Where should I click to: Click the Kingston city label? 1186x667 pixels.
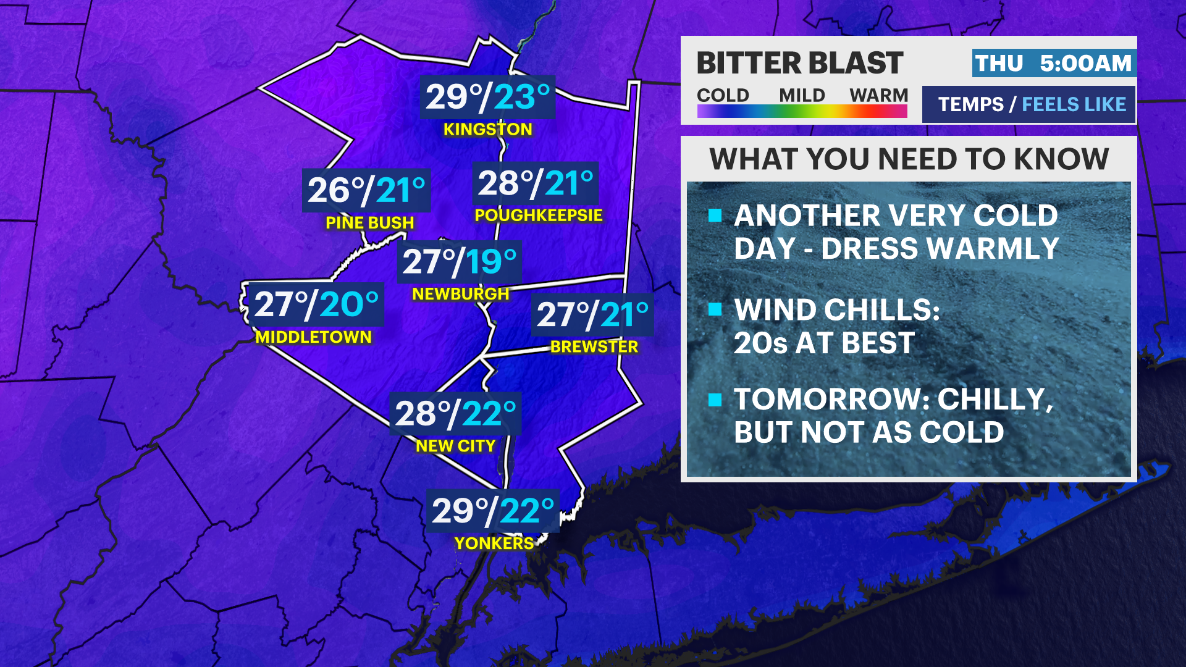coord(487,129)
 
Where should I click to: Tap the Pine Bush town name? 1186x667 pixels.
coord(369,222)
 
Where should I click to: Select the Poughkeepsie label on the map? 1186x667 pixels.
coord(538,215)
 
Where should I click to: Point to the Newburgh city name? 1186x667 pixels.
coord(460,294)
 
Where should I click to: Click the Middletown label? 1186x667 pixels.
coord(313,337)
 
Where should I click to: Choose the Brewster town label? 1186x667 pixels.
coord(594,346)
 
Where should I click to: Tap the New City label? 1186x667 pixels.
coord(455,446)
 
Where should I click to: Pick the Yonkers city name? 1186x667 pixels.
coord(494,543)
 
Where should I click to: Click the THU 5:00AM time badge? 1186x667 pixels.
coord(1053,63)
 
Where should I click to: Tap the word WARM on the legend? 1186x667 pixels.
coord(878,96)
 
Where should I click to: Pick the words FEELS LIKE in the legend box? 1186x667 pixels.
coord(1074,104)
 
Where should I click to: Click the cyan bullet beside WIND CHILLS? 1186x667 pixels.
coord(715,309)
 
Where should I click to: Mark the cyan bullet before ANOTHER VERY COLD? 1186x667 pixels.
coord(715,215)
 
